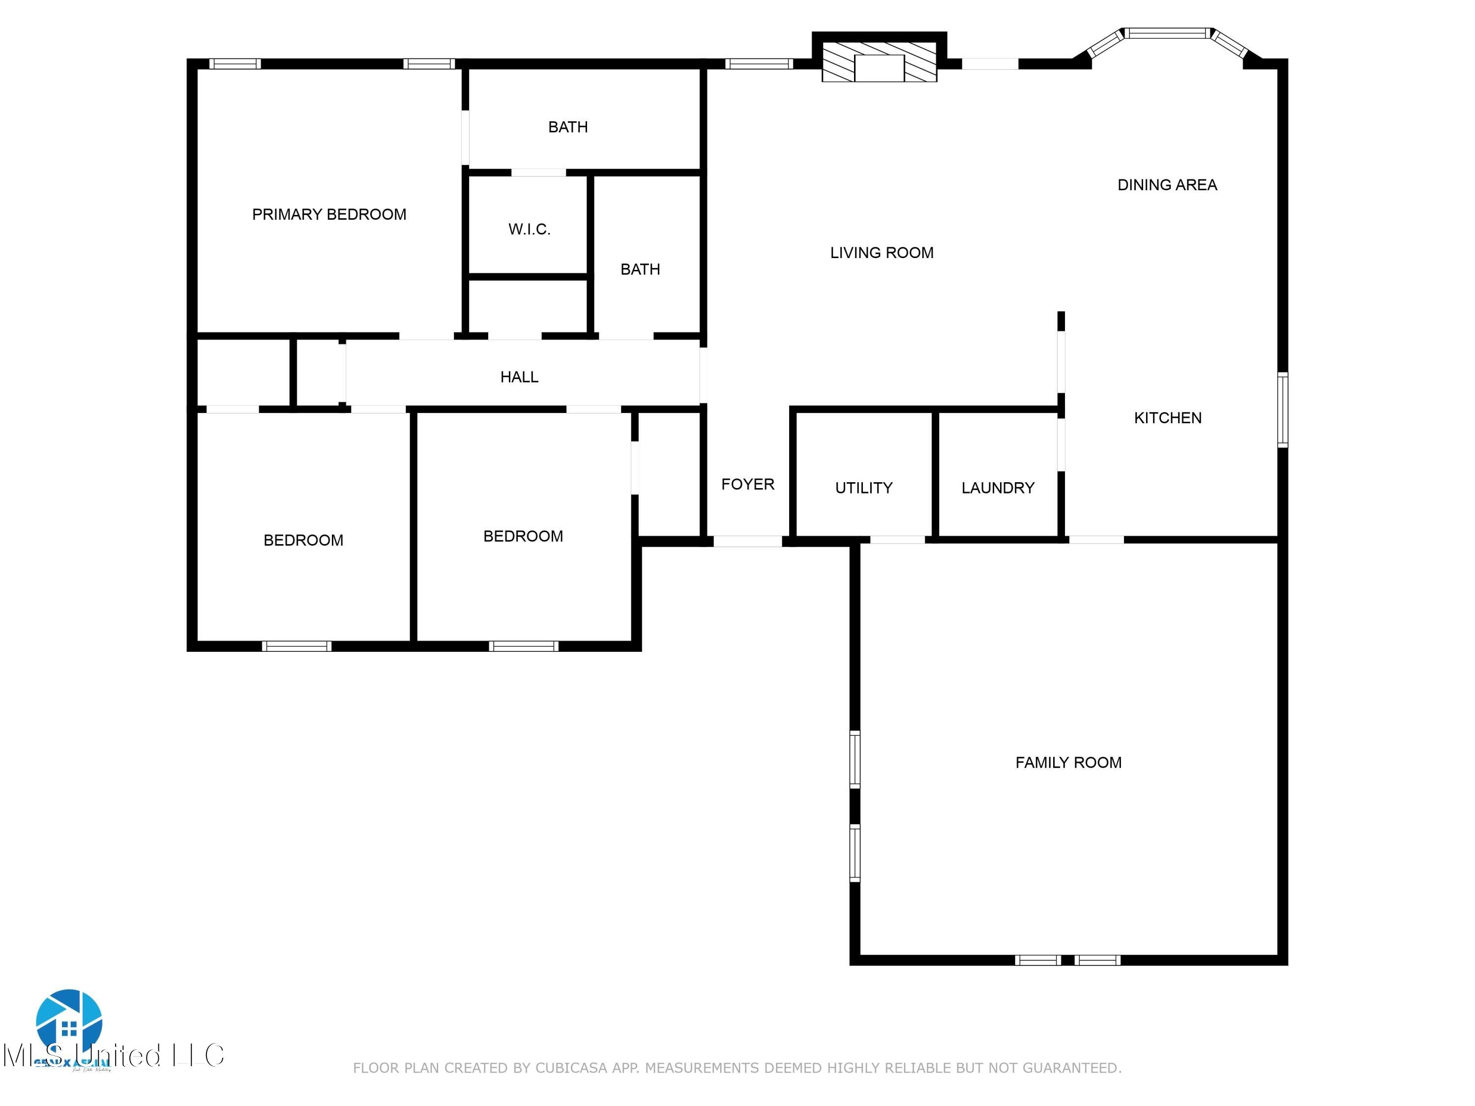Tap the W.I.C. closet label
coord(529,230)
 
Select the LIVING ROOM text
coord(881,253)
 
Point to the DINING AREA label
coord(1166,185)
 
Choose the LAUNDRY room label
coord(997,488)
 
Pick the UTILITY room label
coord(863,488)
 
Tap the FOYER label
coord(747,484)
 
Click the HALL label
coord(519,378)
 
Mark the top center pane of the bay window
coord(1167,32)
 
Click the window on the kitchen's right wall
coord(1282,410)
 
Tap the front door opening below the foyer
coord(747,541)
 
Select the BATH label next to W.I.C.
coord(640,269)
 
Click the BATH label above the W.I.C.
coord(567,127)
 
